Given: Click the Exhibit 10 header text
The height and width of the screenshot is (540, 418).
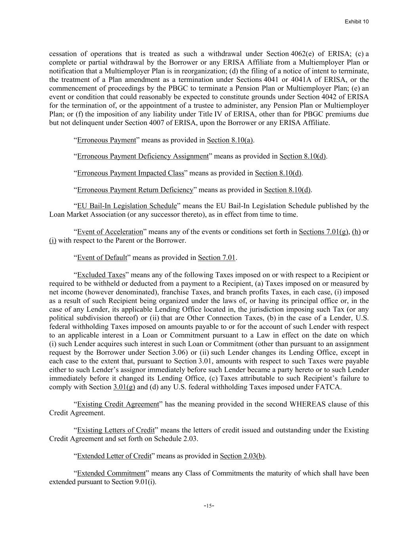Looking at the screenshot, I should point(357,22).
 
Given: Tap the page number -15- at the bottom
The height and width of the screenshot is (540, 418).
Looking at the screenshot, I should point(209,506).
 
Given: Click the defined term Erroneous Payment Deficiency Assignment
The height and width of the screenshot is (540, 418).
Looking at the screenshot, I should point(143,156).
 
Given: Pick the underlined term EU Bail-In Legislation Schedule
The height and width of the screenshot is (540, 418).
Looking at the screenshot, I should point(127,206).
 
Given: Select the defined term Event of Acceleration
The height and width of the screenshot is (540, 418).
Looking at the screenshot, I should point(110,232).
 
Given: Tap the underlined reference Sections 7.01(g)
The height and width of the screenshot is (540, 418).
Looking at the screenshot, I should point(324,232).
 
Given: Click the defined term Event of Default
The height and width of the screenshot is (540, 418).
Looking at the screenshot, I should point(102,258).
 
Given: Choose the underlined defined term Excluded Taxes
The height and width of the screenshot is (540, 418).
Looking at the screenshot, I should point(101,275).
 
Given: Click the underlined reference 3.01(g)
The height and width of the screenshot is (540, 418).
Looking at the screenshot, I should point(124,387).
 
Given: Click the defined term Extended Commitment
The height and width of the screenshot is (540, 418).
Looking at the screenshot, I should point(111,473).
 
